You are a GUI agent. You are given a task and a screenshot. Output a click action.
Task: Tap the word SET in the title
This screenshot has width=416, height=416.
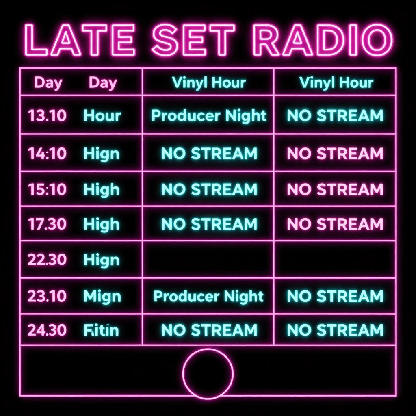click(x=193, y=40)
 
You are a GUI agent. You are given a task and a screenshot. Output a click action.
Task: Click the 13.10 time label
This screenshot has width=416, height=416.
click(x=47, y=116)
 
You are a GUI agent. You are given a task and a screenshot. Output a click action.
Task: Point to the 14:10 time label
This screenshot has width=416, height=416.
click(x=47, y=154)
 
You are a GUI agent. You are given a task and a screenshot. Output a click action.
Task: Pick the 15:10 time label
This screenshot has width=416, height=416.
click(x=47, y=189)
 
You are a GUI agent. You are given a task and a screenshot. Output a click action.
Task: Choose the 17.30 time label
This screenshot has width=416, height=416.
click(x=47, y=224)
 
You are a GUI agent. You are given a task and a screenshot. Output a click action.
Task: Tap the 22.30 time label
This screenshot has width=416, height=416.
click(x=47, y=260)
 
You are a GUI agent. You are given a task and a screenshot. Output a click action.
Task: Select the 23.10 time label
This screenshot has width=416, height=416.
click(x=47, y=296)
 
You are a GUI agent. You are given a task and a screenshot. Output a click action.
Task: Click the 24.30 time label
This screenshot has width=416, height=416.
click(x=47, y=330)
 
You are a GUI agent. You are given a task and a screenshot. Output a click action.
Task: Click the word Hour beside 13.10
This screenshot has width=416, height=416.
click(x=102, y=116)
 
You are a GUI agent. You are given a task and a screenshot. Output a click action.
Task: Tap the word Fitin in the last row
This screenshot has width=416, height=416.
click(x=101, y=330)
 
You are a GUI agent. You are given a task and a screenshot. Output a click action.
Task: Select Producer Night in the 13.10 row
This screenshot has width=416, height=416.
click(x=208, y=116)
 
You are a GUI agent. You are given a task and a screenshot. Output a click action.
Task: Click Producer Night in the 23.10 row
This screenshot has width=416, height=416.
click(x=208, y=297)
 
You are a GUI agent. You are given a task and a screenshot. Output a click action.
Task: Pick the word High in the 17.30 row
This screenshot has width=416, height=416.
click(x=102, y=224)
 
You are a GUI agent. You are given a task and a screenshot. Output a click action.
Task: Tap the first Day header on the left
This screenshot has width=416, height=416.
click(x=48, y=83)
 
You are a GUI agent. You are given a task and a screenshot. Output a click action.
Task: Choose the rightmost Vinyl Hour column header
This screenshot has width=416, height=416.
click(x=336, y=83)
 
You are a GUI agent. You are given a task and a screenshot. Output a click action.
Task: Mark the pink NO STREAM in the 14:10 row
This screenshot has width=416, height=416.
click(x=335, y=154)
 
